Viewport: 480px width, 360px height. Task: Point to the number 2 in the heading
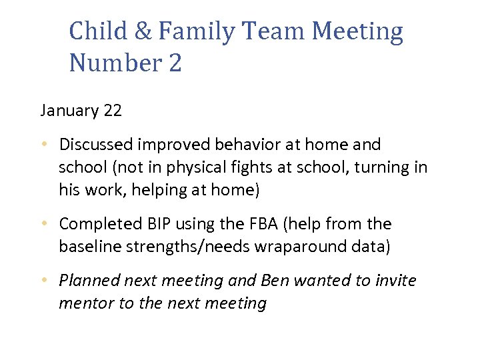175,64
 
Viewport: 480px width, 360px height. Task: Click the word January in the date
69,111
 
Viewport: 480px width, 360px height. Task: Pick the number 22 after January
113,111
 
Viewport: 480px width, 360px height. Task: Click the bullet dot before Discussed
44,145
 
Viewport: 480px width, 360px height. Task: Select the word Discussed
97,145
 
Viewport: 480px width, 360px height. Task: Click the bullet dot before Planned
44,281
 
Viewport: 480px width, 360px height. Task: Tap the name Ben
275,281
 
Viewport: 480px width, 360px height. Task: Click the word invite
393,281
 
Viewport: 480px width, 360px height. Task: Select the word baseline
86,247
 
